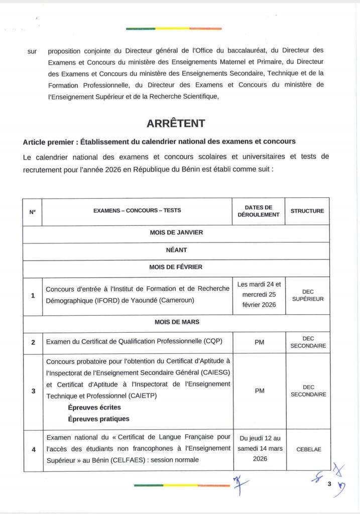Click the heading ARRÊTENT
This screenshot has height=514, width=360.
pos(176,123)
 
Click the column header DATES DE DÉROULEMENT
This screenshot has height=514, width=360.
pos(258,211)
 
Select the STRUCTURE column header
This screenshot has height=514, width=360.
pos(307,211)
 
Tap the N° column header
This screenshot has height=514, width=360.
pos(32,212)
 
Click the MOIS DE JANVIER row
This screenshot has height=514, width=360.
pos(176,232)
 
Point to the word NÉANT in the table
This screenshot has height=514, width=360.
pos(176,249)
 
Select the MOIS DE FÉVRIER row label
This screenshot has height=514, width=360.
pos(176,267)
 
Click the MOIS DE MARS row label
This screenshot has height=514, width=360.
pos(176,322)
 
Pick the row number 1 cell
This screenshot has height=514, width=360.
pos(33,296)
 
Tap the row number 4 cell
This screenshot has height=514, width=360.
pos(33,450)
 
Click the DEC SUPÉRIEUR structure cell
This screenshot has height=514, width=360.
pos(307,295)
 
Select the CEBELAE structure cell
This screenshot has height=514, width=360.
pos(307,450)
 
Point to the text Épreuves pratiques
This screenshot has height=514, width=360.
pos(98,419)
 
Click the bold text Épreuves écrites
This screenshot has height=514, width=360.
pos(94,408)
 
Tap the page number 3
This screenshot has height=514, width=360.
pos(329,484)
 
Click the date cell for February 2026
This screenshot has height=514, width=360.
pos(258,295)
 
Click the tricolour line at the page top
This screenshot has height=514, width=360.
pos(174,29)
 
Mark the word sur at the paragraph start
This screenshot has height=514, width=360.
pos(32,51)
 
